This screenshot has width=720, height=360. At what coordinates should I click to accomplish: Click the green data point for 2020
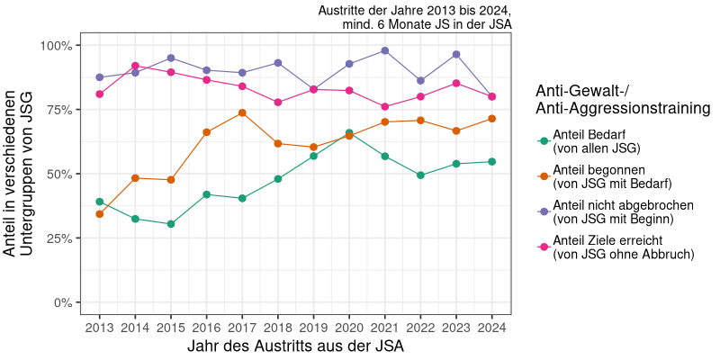(349, 133)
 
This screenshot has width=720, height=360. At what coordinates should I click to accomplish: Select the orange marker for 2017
(242, 112)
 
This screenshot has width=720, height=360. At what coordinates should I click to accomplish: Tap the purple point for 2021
(384, 50)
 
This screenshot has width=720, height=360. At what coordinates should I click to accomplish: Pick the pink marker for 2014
(135, 66)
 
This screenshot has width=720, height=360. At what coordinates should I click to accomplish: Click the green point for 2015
(171, 224)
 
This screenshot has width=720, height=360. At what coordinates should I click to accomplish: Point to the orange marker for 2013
(100, 214)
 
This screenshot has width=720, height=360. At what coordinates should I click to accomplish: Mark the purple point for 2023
(456, 54)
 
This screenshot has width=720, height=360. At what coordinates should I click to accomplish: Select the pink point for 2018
(278, 103)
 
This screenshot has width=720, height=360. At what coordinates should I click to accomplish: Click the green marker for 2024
(491, 162)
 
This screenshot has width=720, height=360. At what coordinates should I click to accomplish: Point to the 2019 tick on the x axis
(313, 316)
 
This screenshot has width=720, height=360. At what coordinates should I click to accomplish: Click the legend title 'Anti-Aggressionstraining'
(621, 109)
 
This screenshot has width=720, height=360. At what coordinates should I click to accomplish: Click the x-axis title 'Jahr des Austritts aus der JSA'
(295, 346)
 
